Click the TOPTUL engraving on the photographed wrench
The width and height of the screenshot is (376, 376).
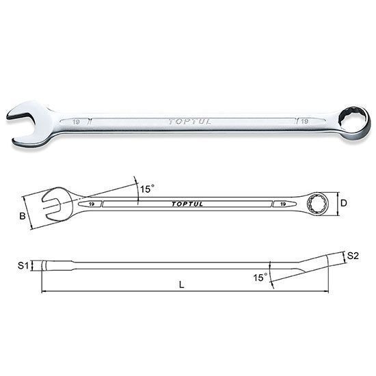coord(189,122)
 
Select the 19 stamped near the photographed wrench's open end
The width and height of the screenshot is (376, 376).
coord(77,122)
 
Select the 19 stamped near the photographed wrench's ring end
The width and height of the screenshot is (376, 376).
coord(304,121)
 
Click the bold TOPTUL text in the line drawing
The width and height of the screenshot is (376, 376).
coord(187,204)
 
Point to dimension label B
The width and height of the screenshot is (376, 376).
coord(23,216)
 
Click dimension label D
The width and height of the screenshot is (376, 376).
coord(344,203)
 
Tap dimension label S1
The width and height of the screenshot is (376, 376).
coord(23,265)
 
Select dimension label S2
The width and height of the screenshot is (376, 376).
coord(353,256)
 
